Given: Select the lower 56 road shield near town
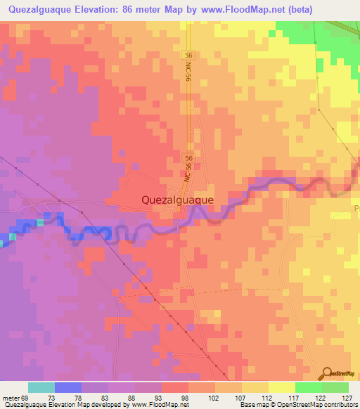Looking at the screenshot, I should pyautogui.click(x=188, y=160).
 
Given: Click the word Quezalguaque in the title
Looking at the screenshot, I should pyautogui.click(x=46, y=9).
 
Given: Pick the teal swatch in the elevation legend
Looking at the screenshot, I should pyautogui.click(x=41, y=387).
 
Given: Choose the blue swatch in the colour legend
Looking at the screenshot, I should pyautogui.click(x=68, y=387).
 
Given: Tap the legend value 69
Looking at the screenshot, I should pyautogui.click(x=25, y=397).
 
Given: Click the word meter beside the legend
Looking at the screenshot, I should pyautogui.click(x=11, y=397).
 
